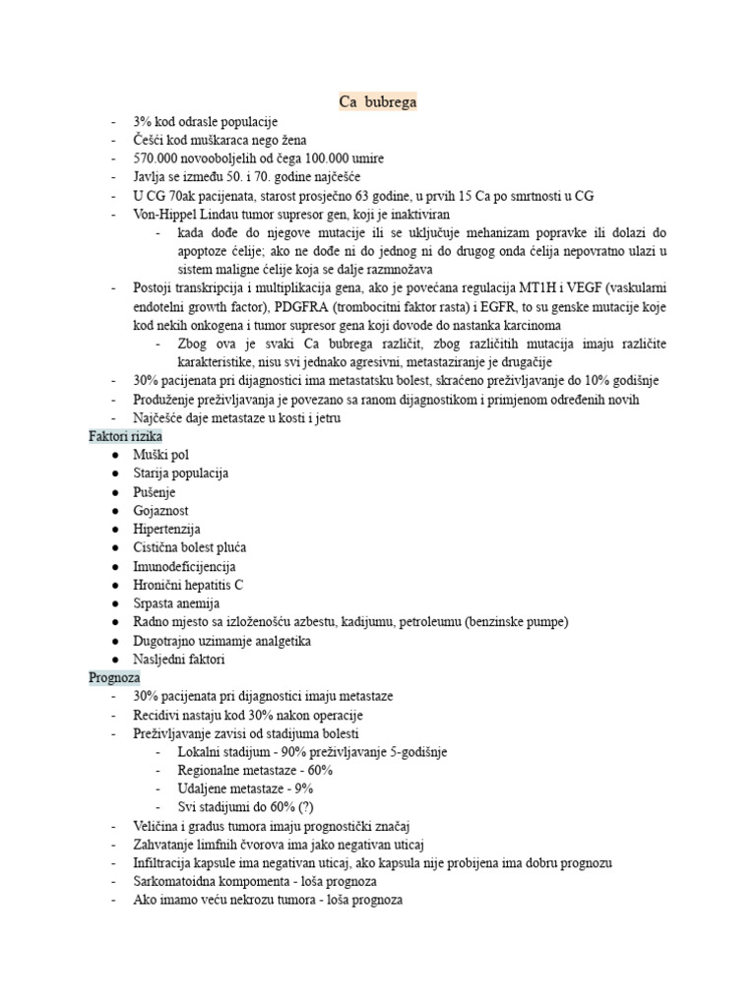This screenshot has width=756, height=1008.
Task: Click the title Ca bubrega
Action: point(378,101)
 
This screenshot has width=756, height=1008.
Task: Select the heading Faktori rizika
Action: point(125,435)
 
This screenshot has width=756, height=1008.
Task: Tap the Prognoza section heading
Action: point(114,677)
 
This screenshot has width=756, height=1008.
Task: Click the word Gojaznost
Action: point(161,510)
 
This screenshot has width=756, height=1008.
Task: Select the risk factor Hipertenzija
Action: point(166,529)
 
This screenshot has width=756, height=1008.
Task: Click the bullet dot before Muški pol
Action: point(116,455)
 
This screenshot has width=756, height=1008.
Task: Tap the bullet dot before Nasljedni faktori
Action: point(116,660)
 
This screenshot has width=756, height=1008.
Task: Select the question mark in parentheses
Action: point(296,807)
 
